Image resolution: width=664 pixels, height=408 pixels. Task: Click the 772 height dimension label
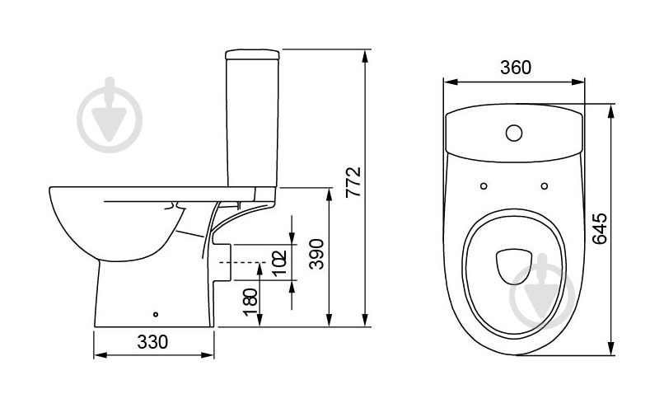353,182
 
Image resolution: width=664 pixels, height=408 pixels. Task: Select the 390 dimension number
316,254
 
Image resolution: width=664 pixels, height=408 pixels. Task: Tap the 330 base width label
152,342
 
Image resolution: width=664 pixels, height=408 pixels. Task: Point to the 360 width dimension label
516,68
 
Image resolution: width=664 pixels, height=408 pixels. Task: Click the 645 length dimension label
599,229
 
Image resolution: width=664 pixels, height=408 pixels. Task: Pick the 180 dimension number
250,302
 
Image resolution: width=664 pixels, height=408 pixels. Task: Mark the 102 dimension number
279,263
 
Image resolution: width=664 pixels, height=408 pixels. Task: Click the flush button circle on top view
514,133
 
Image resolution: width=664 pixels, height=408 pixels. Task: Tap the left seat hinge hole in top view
484,186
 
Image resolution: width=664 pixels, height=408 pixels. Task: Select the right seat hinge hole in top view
545,186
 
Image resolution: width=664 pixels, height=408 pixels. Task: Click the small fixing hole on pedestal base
156,314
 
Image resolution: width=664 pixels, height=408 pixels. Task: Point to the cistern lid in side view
252,54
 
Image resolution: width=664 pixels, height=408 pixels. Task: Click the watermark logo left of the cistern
110,115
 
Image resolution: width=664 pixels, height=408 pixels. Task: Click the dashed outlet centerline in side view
242,262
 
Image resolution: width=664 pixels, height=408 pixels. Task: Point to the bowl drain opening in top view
513,266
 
